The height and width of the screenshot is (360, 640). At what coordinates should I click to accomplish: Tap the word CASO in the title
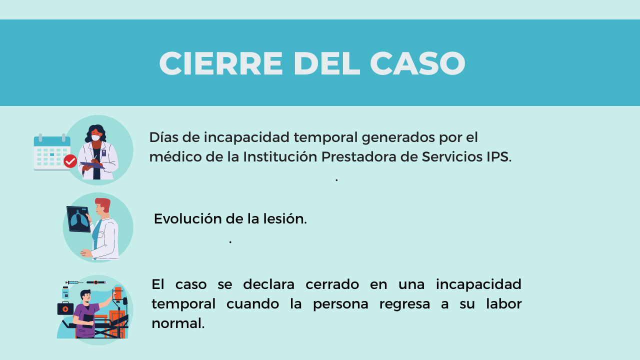pos(417,63)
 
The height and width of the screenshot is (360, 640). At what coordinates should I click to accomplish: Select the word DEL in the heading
pos(326,63)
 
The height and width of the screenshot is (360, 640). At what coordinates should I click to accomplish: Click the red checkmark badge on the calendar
pos(70,161)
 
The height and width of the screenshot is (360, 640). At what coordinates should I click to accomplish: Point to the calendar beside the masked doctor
pos(52,153)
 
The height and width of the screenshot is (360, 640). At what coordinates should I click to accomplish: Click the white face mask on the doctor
pos(95,137)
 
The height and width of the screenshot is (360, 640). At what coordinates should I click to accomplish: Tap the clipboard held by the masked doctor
pos(92,165)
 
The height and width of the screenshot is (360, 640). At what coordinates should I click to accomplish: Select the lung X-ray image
pos(78,219)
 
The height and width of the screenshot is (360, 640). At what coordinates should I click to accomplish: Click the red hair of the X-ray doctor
pos(103,203)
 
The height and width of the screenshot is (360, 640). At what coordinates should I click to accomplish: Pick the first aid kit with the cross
pos(65,308)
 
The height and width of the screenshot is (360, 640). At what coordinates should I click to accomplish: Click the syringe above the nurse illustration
pos(74,282)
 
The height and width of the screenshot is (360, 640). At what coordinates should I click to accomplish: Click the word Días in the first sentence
pos(163,137)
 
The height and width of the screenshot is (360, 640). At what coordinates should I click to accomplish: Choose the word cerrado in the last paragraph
pos(332,284)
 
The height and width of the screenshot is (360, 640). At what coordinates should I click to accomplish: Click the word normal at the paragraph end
pos(178,323)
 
